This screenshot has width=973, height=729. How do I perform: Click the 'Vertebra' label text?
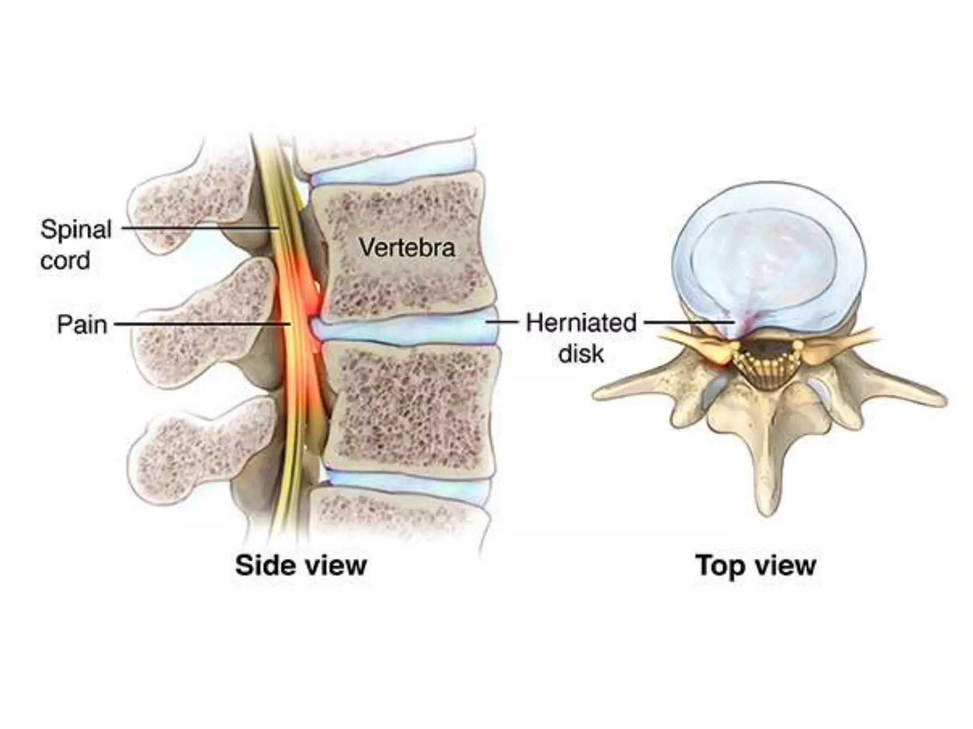[x=407, y=248]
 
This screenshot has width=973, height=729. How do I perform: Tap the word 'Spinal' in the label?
[x=76, y=230]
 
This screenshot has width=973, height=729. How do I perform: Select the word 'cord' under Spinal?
[x=65, y=261]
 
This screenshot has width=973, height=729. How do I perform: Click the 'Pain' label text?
[x=82, y=325]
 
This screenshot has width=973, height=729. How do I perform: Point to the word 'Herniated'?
[x=581, y=323]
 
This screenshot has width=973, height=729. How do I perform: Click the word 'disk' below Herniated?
[x=581, y=354]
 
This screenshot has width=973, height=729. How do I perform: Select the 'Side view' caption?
[x=301, y=566]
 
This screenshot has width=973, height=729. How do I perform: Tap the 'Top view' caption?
[x=755, y=566]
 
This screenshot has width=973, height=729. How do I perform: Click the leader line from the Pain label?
[x=200, y=325]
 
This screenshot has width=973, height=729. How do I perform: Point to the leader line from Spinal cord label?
[x=200, y=228]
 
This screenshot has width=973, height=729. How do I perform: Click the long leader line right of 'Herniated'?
[x=689, y=322]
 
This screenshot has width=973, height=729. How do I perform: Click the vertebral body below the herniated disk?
[x=411, y=408]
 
